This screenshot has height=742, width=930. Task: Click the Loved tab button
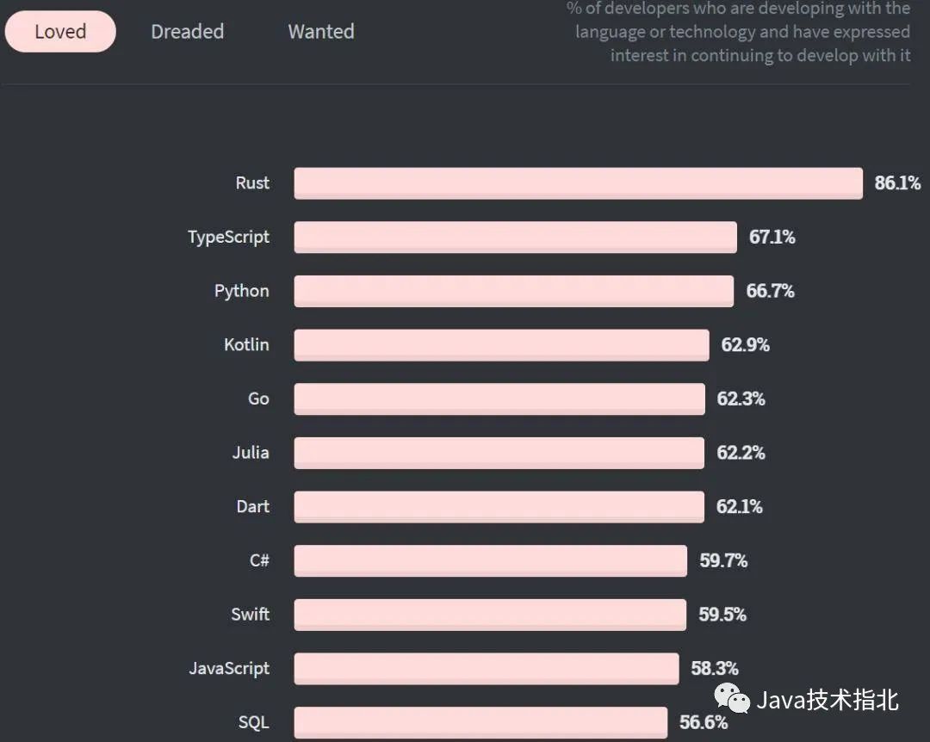tap(60, 32)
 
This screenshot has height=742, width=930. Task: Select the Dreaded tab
tap(187, 32)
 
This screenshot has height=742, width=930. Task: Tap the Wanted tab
tap(320, 32)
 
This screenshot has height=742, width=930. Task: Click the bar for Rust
tap(578, 183)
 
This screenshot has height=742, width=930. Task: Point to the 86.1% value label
tap(897, 183)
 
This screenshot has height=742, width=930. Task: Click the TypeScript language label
tap(228, 237)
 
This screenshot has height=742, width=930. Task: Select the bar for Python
tap(513, 291)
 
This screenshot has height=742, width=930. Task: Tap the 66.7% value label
tap(770, 291)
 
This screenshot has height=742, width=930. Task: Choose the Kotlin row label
tap(246, 344)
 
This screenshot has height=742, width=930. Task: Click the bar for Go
tap(499, 399)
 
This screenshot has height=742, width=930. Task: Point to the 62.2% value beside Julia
tap(741, 453)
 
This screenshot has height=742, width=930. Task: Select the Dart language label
tap(252, 506)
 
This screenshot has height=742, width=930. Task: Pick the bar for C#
tap(490, 560)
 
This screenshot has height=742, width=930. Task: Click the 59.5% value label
tap(722, 615)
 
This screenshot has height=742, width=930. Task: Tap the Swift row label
tap(250, 615)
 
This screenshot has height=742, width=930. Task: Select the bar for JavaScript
tap(486, 668)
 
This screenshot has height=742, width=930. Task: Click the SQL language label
tap(253, 722)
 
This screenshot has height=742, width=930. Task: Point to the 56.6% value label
tap(704, 722)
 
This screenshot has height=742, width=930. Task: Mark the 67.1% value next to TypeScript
tap(772, 237)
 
